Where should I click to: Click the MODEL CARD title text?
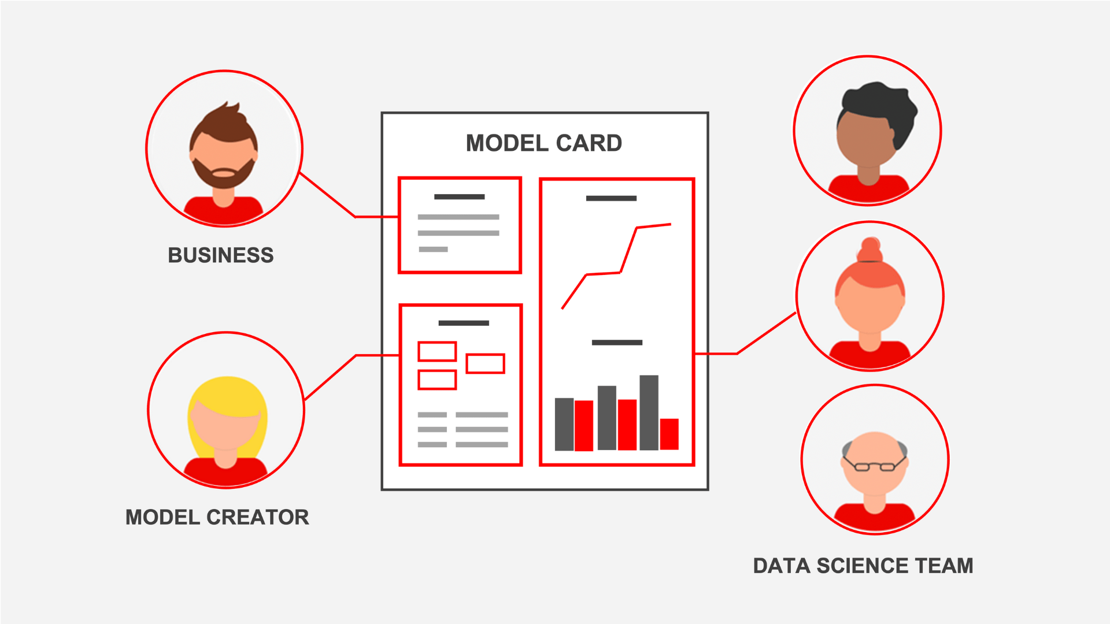click(x=543, y=143)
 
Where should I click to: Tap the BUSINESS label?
click(x=220, y=255)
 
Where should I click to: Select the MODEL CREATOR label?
click(x=217, y=517)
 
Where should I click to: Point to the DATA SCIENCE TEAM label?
click(x=863, y=566)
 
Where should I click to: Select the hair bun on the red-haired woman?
click(x=870, y=250)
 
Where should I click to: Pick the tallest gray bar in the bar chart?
click(x=649, y=413)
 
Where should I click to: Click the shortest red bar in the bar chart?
click(x=669, y=434)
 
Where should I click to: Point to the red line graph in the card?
click(x=628, y=250)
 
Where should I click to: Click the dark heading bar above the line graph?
click(x=611, y=198)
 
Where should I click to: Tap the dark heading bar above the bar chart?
click(x=617, y=343)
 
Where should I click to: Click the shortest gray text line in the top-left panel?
click(x=433, y=250)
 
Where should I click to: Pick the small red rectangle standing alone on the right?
click(x=485, y=363)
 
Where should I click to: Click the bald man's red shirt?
click(x=874, y=518)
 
